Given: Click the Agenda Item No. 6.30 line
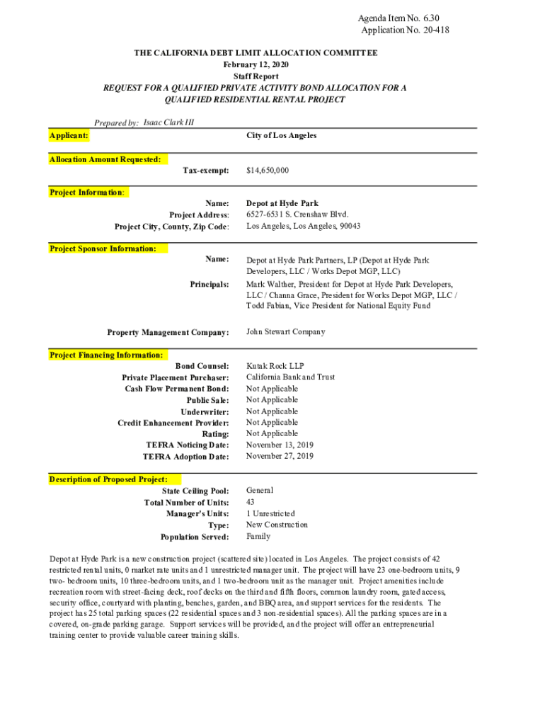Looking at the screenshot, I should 403,18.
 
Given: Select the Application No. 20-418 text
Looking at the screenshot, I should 405,30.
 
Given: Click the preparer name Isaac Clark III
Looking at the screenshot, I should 168,122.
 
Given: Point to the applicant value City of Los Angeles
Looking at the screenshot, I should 281,135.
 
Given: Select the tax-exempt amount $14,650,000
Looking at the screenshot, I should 268,171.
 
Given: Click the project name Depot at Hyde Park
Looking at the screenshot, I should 282,203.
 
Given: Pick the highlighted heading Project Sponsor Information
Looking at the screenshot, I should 103,249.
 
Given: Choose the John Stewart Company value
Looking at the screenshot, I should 285,331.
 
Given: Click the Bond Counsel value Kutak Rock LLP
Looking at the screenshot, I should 275,366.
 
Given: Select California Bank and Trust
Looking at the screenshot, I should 290,377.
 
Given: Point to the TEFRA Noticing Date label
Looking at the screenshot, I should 187,445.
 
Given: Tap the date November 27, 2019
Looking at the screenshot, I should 279,457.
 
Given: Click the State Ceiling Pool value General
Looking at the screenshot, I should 259,491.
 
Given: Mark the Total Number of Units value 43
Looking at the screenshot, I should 251,502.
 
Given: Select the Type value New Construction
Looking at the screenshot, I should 277,525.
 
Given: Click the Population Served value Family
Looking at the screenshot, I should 258,537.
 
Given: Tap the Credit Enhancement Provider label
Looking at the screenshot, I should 173,423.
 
